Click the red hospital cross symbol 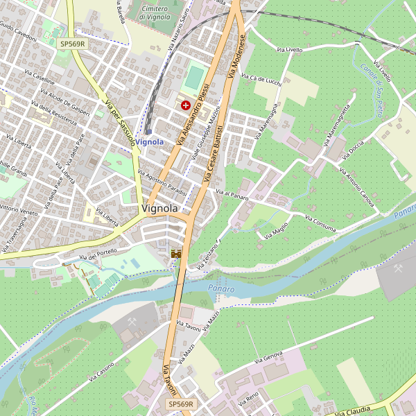coord(185,105)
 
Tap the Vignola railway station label coord(150,141)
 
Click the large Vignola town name coord(159,208)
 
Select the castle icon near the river coord(176,254)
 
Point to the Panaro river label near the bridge coord(220,288)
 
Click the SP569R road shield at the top coord(72,44)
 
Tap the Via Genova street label coord(268,358)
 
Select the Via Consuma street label coord(320,223)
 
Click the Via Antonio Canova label coord(357,187)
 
